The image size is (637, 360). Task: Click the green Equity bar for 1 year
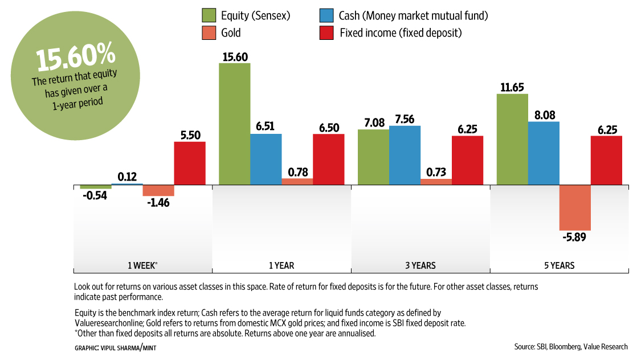click(x=234, y=124)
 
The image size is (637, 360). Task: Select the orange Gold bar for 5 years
click(x=575, y=207)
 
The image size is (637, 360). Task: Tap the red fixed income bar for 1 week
click(x=189, y=163)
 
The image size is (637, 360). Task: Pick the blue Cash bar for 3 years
click(x=405, y=155)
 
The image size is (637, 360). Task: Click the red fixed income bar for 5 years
click(x=606, y=161)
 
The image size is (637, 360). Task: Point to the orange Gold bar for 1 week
click(x=158, y=190)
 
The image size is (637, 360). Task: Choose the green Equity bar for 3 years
click(x=373, y=157)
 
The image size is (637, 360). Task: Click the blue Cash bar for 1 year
click(x=266, y=159)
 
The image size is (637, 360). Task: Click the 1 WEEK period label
click(x=142, y=265)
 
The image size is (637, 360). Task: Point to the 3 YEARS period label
click(x=420, y=265)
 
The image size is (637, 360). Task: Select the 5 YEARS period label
click(x=559, y=265)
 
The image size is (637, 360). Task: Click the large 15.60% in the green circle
click(x=76, y=59)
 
